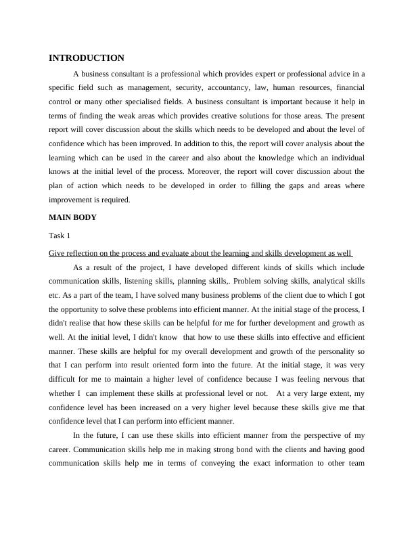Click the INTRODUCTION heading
click(x=87, y=58)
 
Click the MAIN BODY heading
click(x=73, y=217)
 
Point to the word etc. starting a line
click(x=55, y=294)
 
